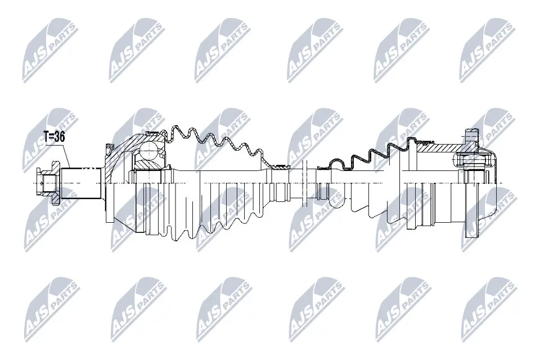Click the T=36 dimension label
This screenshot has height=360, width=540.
click(54, 137)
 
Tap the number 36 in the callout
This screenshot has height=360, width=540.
click(60, 137)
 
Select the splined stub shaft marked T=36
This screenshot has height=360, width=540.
click(81, 183)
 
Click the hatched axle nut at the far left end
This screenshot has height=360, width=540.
click(47, 183)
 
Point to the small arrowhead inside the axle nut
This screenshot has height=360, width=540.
click(42, 183)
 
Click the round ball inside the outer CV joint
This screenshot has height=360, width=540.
click(148, 150)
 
